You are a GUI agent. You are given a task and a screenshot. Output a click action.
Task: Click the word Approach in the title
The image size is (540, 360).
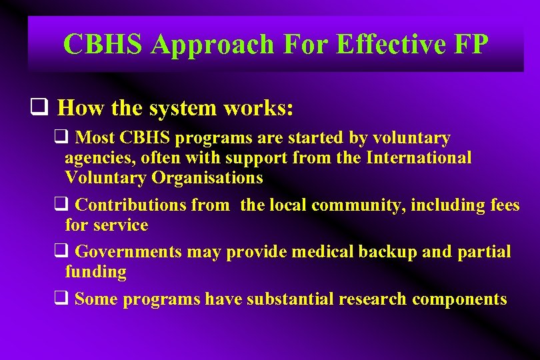coord(213,45)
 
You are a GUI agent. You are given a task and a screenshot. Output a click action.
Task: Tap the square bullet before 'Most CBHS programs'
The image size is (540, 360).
coord(60,138)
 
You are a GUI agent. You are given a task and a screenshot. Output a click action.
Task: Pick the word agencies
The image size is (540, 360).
coord(97,158)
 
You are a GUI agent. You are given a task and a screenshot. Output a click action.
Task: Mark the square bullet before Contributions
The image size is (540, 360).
coord(60,205)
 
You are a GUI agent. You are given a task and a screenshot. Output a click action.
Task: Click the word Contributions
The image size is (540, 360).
coord(131,205)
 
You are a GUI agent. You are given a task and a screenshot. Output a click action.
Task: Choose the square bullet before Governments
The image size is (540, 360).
coord(60,252)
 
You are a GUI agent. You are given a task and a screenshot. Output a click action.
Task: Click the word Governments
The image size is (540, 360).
coord(129,252)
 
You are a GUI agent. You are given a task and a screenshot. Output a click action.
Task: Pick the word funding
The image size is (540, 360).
coord(95,272)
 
